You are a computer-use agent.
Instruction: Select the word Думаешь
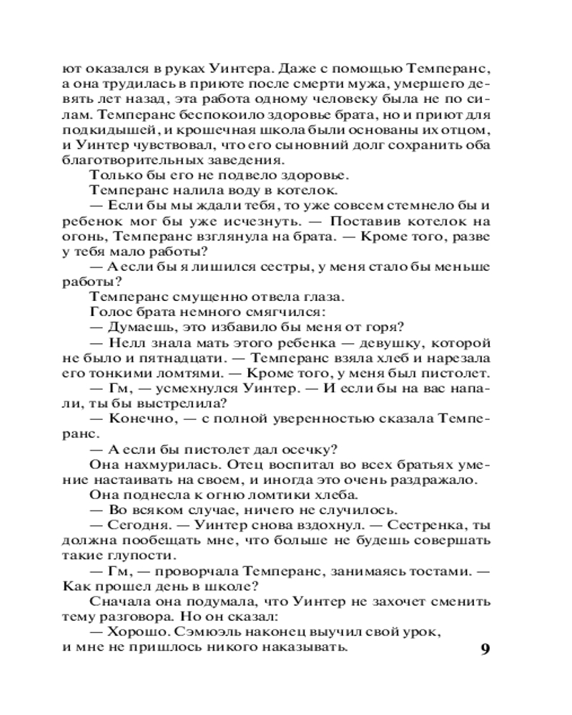(136, 328)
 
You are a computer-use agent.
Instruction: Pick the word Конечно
(135, 419)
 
